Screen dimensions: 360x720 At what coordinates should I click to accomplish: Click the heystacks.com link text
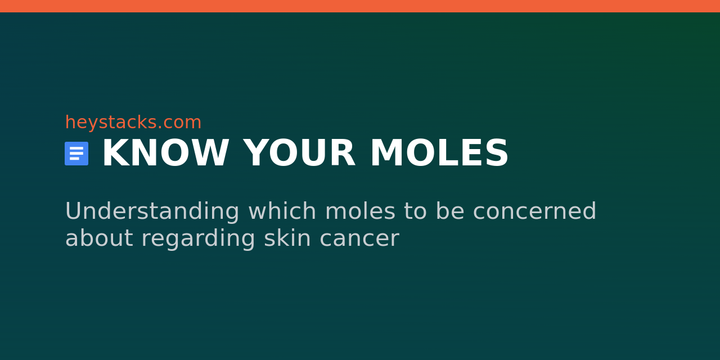pyautogui.click(x=133, y=123)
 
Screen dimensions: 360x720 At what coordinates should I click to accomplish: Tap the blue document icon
pyautogui.click(x=76, y=154)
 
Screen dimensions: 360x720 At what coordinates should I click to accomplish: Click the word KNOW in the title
pyautogui.click(x=165, y=154)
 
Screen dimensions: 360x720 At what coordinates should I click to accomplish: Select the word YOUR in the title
pyautogui.click(x=299, y=154)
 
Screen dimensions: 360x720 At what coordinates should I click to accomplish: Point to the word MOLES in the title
pyautogui.click(x=439, y=154)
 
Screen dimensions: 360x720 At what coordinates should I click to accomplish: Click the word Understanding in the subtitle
pyautogui.click(x=152, y=211)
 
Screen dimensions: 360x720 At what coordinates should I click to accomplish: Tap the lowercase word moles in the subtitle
pyautogui.click(x=360, y=211)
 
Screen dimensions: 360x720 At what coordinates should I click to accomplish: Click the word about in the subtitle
pyautogui.click(x=98, y=238)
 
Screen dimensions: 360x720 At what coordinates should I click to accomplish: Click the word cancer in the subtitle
pyautogui.click(x=359, y=238)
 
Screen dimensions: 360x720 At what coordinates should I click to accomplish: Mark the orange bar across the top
pyautogui.click(x=360, y=6)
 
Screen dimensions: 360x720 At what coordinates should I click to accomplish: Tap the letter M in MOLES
pyautogui.click(x=384, y=154)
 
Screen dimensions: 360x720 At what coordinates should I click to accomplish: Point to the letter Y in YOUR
pyautogui.click(x=254, y=154)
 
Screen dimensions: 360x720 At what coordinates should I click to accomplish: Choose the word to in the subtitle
pyautogui.click(x=415, y=211)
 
